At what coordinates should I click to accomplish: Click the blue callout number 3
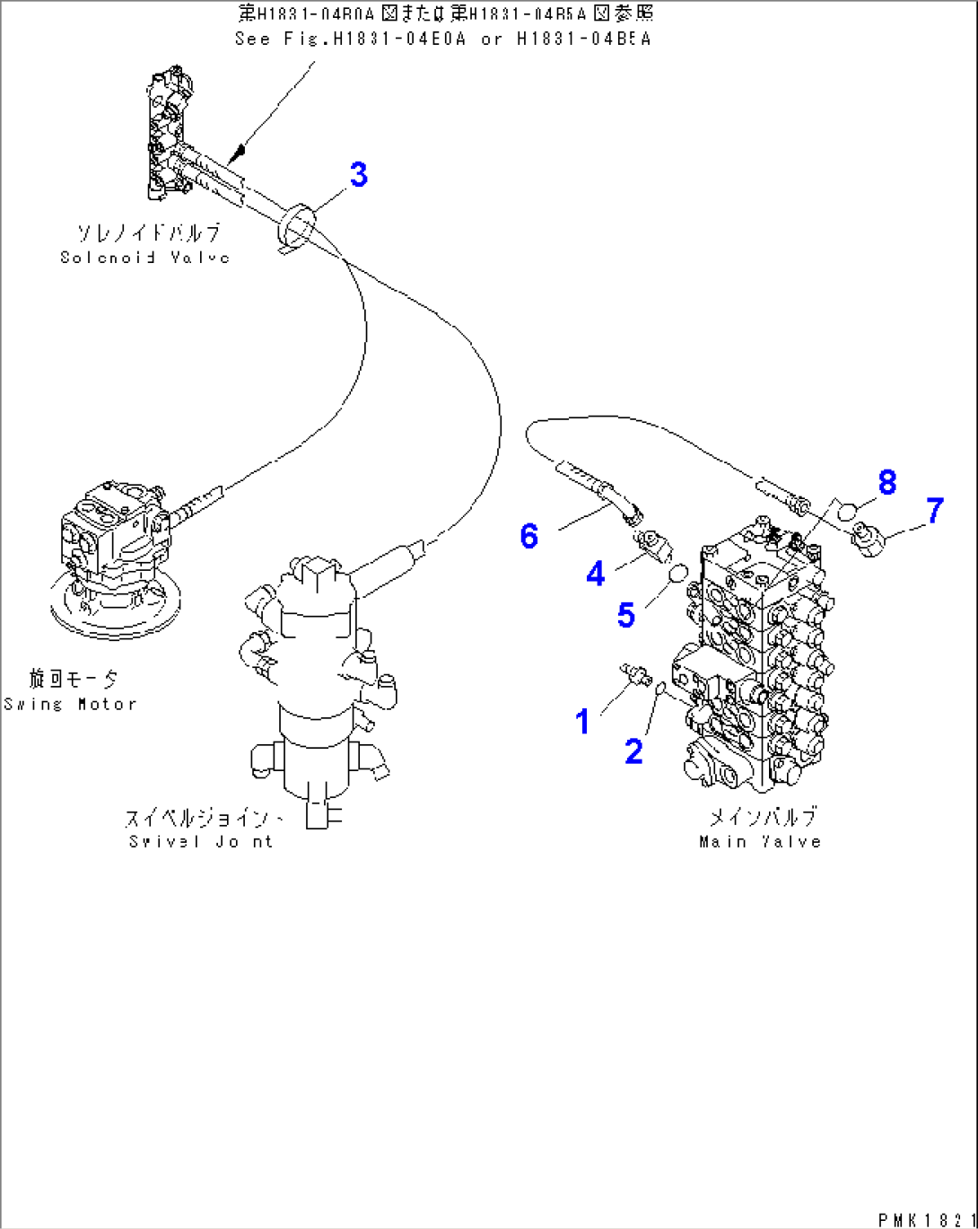[358, 174]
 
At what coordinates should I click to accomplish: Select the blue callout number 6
[529, 536]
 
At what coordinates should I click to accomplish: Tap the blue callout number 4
[595, 574]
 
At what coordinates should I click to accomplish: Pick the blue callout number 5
[625, 615]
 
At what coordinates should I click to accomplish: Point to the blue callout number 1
[582, 721]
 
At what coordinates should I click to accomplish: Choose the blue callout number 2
[633, 751]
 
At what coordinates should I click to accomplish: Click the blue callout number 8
[886, 482]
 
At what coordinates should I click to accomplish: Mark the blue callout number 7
[934, 511]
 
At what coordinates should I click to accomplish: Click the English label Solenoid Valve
[145, 258]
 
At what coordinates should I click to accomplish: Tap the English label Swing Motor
[70, 705]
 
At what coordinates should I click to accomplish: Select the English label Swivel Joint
[200, 841]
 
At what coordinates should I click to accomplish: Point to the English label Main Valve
[760, 841]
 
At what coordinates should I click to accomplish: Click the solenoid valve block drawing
[167, 134]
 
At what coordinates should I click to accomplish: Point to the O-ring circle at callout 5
[679, 572]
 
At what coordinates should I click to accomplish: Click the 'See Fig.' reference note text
[442, 39]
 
